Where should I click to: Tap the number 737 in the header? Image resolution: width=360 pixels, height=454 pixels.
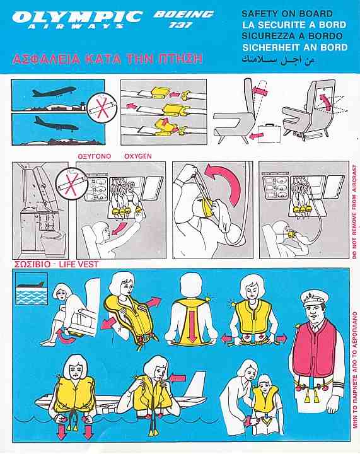click(x=180, y=25)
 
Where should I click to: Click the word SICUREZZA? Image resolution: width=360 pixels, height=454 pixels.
click(x=270, y=36)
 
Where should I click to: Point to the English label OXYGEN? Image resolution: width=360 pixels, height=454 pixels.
click(x=137, y=156)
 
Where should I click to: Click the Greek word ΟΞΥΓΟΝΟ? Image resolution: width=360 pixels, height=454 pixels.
click(x=95, y=156)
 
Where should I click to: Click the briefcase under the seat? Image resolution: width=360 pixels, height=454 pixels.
click(x=269, y=134)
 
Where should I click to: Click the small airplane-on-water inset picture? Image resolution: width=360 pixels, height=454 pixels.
click(x=32, y=288)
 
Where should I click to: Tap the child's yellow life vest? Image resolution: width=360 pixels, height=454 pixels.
click(x=265, y=403)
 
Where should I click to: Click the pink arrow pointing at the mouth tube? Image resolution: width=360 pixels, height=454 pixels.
click(x=178, y=378)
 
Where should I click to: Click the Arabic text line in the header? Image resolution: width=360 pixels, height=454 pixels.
click(x=278, y=61)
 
